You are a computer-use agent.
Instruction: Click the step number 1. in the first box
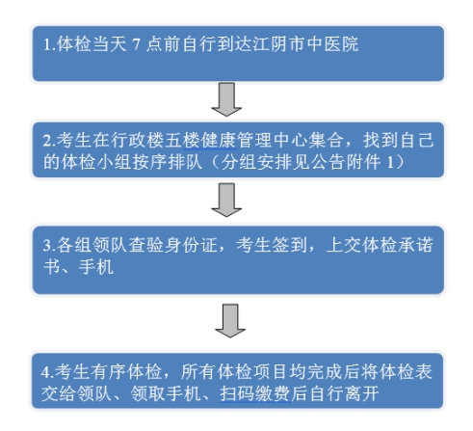49,44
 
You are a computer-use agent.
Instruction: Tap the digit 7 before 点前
136,44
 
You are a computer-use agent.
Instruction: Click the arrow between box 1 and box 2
226,99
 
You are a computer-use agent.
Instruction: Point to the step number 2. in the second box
49,141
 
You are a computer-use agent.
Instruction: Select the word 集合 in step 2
326,141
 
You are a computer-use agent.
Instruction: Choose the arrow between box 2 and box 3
226,200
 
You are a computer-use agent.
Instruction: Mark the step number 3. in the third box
49,246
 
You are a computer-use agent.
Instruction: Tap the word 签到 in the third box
289,245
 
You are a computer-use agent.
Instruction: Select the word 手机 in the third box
96,267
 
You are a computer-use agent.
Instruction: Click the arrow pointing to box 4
230,321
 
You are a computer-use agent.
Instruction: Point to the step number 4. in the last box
47,372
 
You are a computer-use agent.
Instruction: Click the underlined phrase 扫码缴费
256,393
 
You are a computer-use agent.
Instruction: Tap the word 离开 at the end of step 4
362,393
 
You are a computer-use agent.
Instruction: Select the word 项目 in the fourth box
271,372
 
